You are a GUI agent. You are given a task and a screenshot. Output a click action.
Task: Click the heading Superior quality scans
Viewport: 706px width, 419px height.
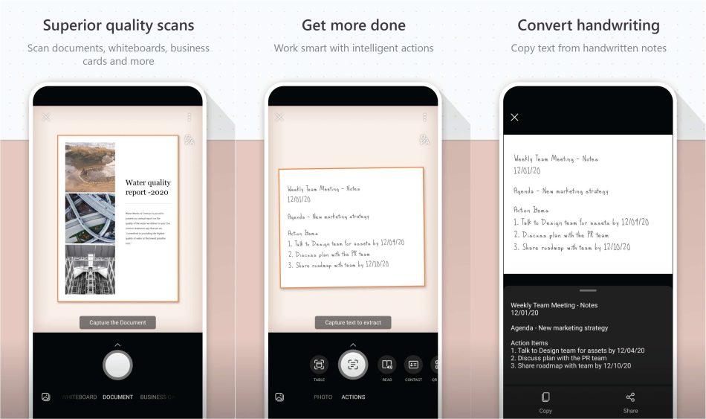click(118, 25)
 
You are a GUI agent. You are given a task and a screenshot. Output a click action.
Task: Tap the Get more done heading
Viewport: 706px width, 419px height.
click(353, 25)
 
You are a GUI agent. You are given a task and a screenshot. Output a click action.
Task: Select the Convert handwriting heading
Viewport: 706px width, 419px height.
click(588, 25)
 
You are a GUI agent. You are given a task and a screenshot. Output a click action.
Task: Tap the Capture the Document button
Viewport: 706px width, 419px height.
click(118, 322)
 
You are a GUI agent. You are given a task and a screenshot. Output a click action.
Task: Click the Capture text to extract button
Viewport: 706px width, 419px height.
click(353, 322)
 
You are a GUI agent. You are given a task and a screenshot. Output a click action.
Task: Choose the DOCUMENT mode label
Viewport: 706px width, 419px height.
click(118, 397)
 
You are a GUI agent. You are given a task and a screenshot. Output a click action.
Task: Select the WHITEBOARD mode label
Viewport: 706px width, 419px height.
click(80, 397)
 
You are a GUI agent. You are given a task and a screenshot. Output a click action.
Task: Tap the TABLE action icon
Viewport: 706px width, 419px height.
click(319, 364)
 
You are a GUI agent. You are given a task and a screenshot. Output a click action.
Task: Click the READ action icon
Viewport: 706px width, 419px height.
click(387, 364)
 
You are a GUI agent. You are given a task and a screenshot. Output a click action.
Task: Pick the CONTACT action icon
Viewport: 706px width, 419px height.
click(413, 364)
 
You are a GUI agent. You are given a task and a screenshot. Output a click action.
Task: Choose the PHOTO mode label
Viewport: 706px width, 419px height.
click(323, 397)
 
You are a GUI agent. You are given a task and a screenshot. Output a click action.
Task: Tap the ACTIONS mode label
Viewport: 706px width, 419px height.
click(353, 397)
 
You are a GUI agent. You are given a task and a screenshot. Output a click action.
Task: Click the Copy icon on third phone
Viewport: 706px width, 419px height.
click(545, 397)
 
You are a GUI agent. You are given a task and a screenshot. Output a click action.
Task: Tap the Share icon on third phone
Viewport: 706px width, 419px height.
click(630, 397)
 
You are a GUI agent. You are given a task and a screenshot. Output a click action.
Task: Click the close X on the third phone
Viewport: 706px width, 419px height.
click(514, 117)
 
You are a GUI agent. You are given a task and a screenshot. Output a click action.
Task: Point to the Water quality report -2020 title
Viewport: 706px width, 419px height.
click(148, 187)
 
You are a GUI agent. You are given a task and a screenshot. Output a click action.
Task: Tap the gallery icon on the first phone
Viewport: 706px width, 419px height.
click(46, 397)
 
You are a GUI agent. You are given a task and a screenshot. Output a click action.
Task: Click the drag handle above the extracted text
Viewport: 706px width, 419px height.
click(588, 290)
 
